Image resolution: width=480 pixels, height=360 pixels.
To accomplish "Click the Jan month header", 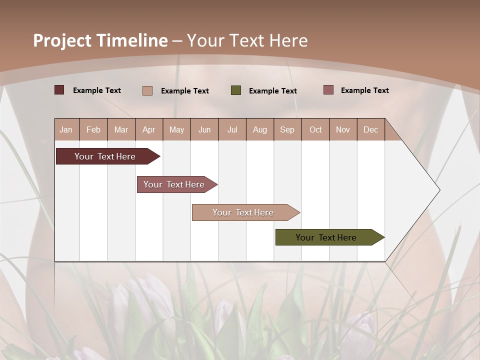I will coord(66,130).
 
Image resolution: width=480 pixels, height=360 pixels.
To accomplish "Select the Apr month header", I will coord(148,130).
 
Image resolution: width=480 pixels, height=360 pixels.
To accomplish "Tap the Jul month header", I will coord(232,130).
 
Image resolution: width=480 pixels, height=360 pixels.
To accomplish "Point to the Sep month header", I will coord(287,130).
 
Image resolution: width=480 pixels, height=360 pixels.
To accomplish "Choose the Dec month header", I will coord(370,130).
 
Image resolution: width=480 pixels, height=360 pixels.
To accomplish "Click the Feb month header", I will coord(93,130).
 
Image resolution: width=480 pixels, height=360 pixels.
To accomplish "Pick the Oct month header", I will coord(315,130).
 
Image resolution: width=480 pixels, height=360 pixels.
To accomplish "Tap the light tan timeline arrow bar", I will coord(243,212).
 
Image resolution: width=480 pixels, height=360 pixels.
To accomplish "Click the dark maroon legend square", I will coord(59,90).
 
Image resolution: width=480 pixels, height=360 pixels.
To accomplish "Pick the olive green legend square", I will coord(236,90).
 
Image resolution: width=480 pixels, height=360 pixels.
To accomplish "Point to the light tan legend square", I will coord(147,90).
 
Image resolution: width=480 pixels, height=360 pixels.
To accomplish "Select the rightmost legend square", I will coord(328,90).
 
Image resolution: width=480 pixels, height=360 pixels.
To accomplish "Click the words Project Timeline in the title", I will coord(100,40).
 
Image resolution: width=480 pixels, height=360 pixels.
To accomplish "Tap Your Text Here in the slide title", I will coord(247,40).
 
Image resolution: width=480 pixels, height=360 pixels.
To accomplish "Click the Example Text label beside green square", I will coord(272,91).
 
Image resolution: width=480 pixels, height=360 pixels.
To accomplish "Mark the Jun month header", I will coord(204,130).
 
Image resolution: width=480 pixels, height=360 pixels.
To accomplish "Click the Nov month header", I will coord(343,130).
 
